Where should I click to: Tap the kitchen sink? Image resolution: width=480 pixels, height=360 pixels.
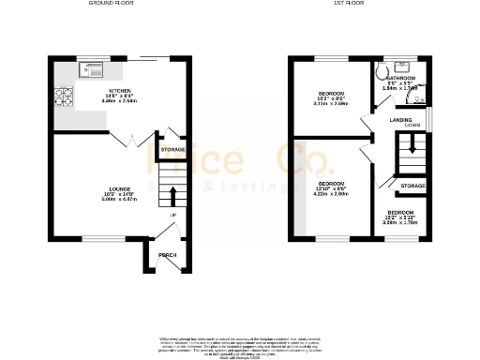pos(94,67)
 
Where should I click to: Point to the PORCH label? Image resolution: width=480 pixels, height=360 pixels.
pos(168,255)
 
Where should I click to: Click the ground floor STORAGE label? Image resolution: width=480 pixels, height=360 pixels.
pos(172,150)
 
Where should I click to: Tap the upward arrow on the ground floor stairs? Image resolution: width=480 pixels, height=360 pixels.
pos(172,195)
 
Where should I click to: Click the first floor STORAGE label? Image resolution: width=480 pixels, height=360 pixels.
pos(412,187)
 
